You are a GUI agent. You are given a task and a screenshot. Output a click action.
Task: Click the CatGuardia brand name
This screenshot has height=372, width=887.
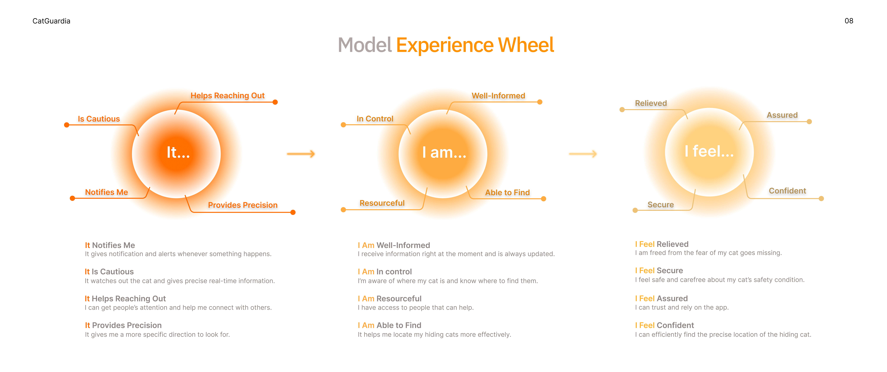click(51, 21)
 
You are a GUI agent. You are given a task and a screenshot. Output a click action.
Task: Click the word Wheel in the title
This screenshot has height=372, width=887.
click(526, 45)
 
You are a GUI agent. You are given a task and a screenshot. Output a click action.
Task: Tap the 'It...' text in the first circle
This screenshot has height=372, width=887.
click(178, 152)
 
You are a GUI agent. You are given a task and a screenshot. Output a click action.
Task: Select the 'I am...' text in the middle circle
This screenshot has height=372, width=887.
click(444, 152)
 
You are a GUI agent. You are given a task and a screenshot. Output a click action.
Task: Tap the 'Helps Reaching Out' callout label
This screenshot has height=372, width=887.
click(228, 96)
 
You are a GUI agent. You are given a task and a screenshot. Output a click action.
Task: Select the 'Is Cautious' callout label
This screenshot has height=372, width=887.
click(99, 119)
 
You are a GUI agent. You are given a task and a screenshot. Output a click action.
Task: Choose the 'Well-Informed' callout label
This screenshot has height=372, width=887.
click(498, 96)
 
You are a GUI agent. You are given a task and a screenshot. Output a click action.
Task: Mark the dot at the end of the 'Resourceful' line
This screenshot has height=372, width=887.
click(343, 210)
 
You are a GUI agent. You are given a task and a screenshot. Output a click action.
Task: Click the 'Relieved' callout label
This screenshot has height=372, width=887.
click(651, 103)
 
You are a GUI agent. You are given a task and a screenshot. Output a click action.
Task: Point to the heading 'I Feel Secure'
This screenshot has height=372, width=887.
click(659, 271)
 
